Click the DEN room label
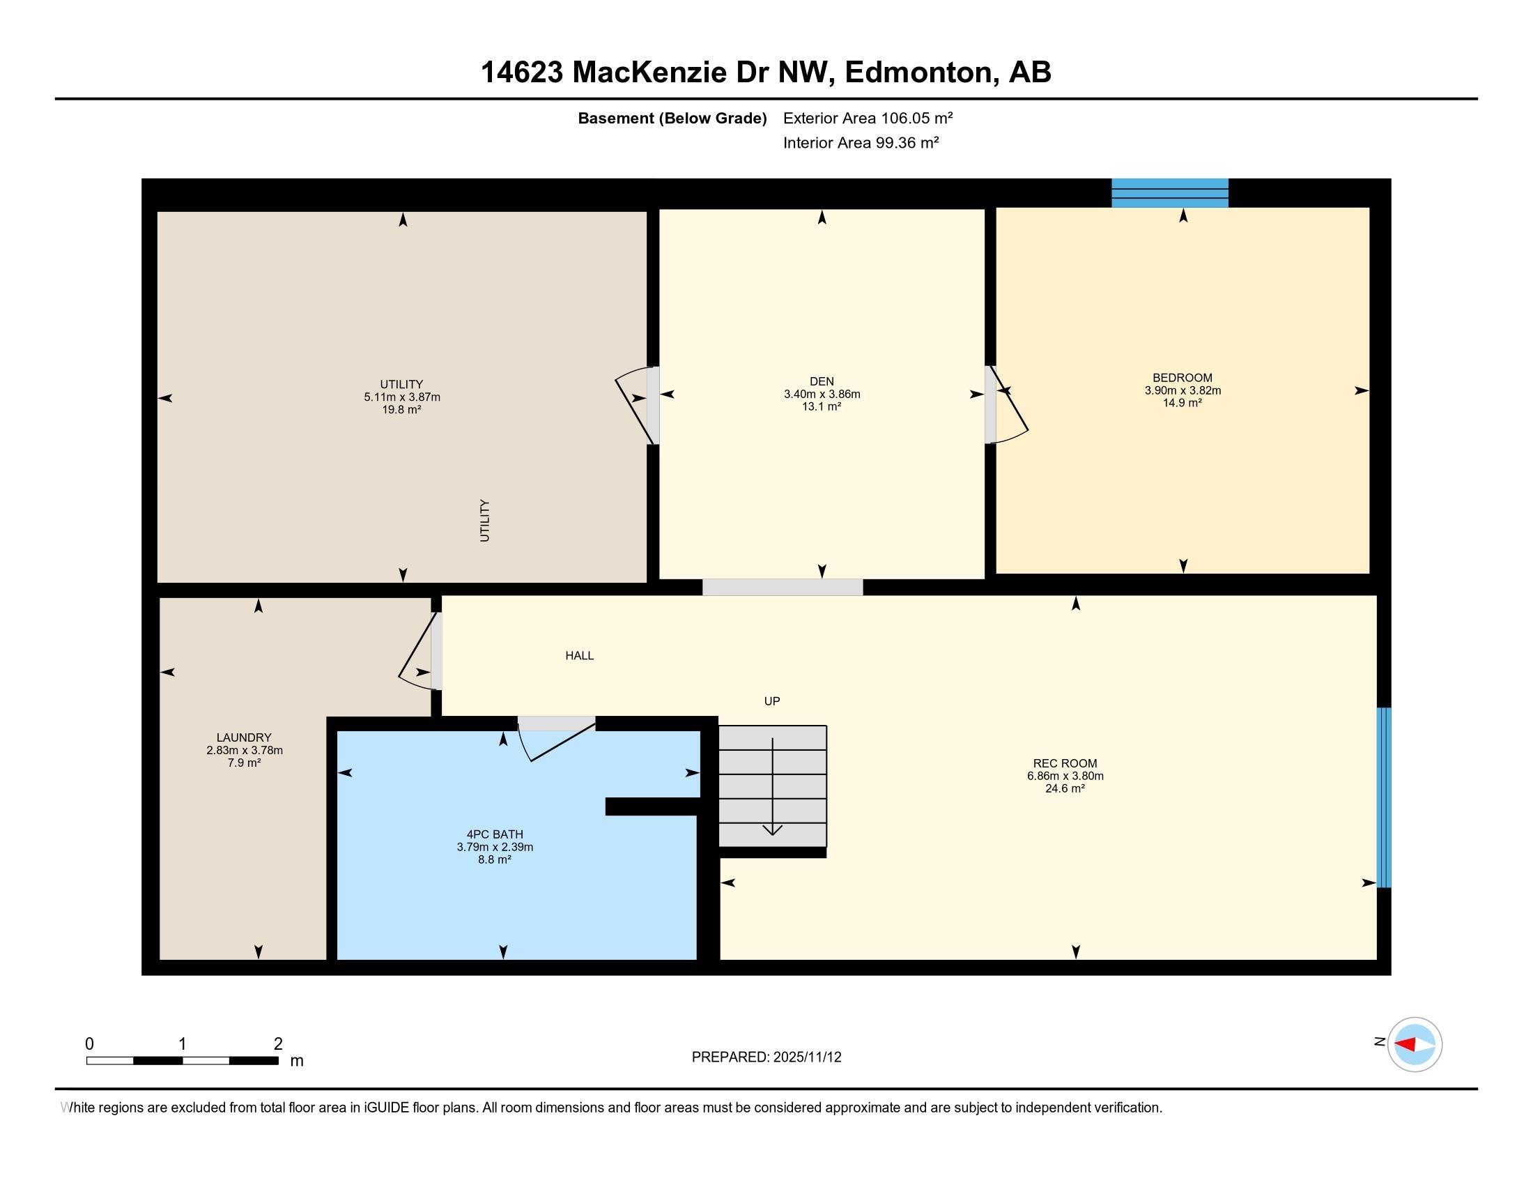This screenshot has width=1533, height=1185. point(822,382)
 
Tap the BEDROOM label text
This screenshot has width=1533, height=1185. point(1182,378)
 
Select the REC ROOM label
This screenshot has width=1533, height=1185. point(1065,763)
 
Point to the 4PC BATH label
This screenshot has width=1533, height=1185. point(495,834)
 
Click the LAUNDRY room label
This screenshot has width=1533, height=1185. point(244,737)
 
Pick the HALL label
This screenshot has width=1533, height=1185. point(580,655)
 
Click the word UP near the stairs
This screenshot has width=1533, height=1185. point(772,701)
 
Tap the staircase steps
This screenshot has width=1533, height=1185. point(772,786)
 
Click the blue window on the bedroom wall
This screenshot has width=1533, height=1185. point(1169,193)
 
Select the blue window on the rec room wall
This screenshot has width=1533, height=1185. point(1383,797)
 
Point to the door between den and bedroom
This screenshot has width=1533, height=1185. point(1007,404)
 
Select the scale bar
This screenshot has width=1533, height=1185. point(183,1060)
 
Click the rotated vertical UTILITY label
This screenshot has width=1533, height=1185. point(484,520)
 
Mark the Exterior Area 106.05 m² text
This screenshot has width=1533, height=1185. point(868,118)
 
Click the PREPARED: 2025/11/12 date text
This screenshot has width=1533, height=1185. point(766,1057)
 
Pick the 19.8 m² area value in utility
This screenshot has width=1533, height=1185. point(401,409)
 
